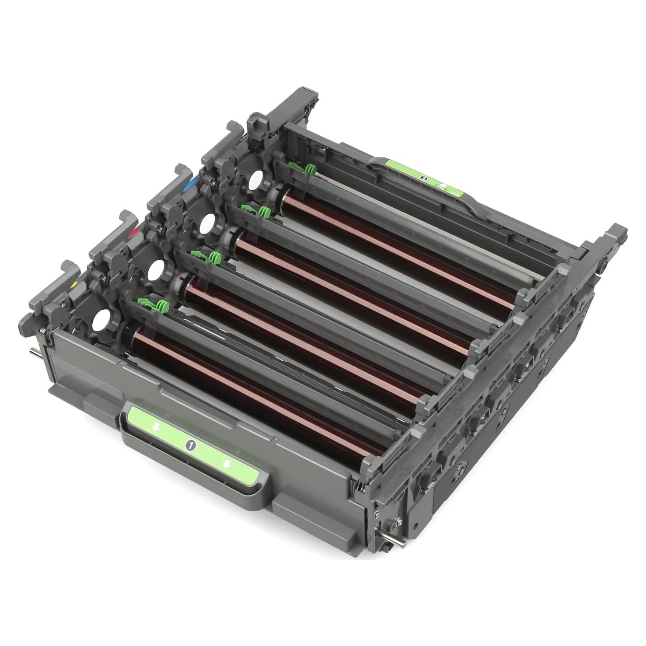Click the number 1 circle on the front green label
(191, 445)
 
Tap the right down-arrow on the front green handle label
(226, 464)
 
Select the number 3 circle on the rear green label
(423, 178)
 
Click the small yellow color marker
(74, 285)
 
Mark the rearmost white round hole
(255, 180)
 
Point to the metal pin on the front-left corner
(34, 351)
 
